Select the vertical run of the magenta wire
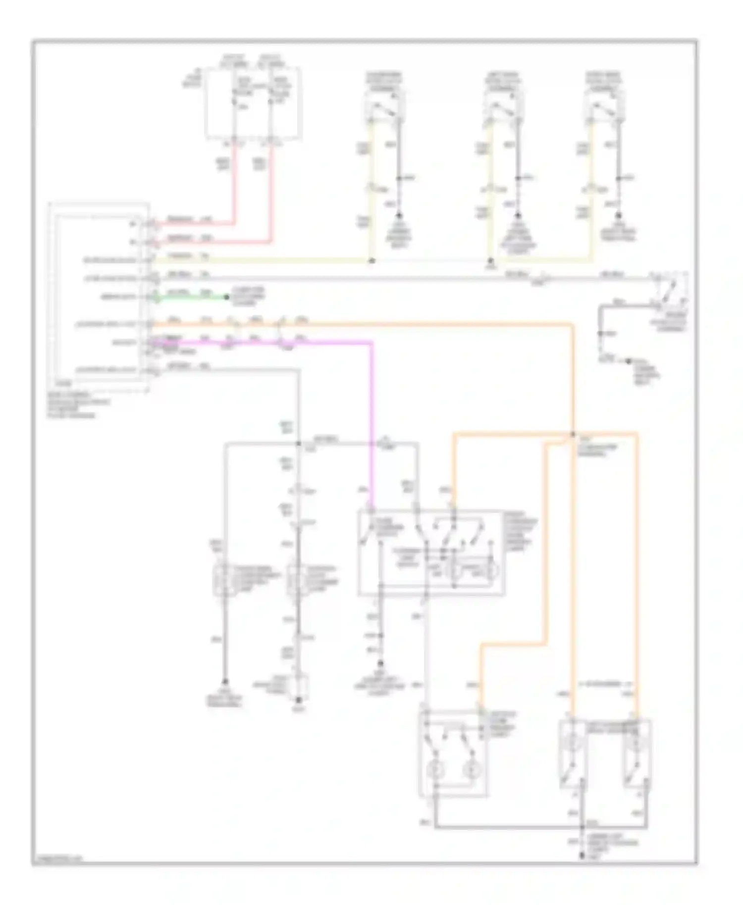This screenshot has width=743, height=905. pyautogui.click(x=371, y=421)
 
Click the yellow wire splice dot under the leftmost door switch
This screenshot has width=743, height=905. pyautogui.click(x=371, y=260)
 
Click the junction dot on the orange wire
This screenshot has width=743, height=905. pyautogui.click(x=573, y=434)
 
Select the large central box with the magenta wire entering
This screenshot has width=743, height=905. pyautogui.click(x=431, y=552)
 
